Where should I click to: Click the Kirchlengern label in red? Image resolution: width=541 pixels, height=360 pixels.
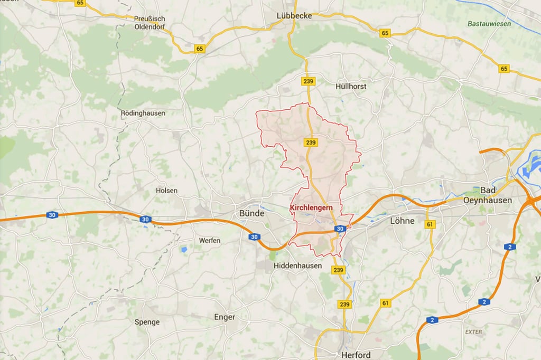pyautogui.click(x=311, y=208)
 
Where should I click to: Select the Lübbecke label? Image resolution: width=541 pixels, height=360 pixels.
pyautogui.click(x=294, y=16)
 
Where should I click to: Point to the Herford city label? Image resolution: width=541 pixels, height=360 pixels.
pyautogui.click(x=356, y=355)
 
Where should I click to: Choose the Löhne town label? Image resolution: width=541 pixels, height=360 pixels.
pyautogui.click(x=402, y=221)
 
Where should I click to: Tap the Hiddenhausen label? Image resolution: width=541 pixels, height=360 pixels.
pyautogui.click(x=297, y=266)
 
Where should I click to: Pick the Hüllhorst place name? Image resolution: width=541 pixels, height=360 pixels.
pyautogui.click(x=351, y=86)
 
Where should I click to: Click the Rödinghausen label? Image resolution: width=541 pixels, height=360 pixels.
pyautogui.click(x=143, y=113)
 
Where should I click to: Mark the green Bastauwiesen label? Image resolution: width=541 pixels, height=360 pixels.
pyautogui.click(x=489, y=24)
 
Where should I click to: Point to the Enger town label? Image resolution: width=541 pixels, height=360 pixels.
pyautogui.click(x=224, y=317)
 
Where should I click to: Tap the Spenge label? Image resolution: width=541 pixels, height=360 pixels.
pyautogui.click(x=147, y=322)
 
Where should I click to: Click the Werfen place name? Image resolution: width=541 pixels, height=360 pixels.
pyautogui.click(x=209, y=240)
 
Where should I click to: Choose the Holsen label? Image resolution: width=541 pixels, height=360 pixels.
pyautogui.click(x=166, y=191)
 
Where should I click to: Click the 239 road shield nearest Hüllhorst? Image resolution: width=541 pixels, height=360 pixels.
pyautogui.click(x=309, y=81)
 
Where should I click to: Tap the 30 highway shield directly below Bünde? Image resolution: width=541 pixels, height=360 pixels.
pyautogui.click(x=254, y=237)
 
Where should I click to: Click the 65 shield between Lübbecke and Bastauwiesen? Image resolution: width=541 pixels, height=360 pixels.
pyautogui.click(x=385, y=33)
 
